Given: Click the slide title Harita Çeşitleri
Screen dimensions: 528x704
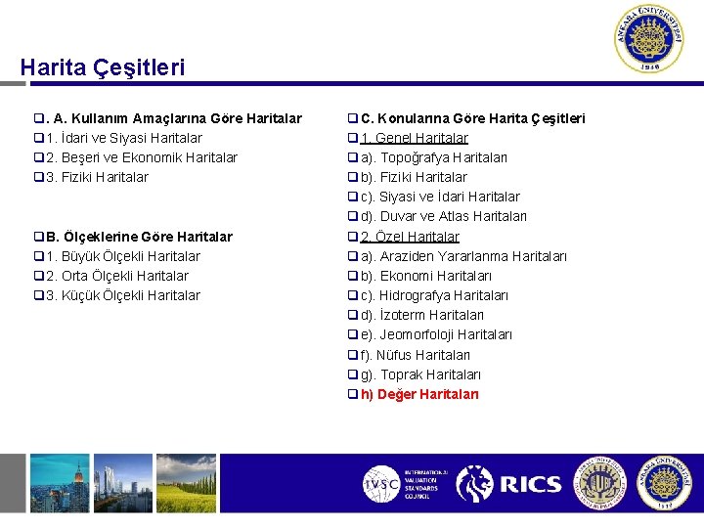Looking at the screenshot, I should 102,67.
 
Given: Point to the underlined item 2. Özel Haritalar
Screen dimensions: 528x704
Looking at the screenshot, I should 410,237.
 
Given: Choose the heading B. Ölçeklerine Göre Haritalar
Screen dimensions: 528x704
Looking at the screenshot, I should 139,237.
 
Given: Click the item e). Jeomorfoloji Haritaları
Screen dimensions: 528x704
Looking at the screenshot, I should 436,334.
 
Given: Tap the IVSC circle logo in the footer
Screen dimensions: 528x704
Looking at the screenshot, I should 380,483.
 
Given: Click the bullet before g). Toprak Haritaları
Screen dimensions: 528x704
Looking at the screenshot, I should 354,374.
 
